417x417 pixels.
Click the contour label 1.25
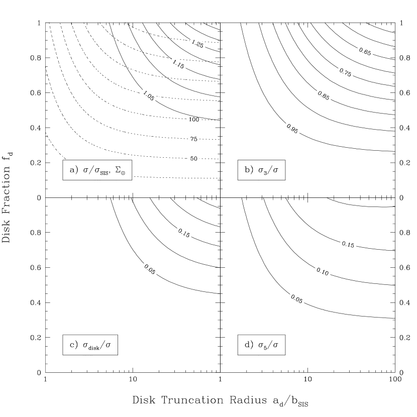197,44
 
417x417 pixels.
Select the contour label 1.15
178,64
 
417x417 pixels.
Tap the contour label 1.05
148,95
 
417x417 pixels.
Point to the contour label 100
194,120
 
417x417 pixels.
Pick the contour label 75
194,139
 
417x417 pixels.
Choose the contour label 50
194,159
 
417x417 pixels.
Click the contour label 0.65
365,52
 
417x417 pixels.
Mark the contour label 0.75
345,72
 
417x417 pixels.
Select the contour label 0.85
324,95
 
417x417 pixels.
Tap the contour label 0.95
292,129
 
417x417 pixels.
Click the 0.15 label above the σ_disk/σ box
184,234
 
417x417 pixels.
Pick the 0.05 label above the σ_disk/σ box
150,269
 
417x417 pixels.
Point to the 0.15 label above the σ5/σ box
348,245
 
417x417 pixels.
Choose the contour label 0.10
323,272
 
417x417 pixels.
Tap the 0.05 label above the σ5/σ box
297,299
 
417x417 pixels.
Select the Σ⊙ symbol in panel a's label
121,170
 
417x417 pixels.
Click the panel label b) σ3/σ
261,170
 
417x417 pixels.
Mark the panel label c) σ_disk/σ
90,345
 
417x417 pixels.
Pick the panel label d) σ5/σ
261,345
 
